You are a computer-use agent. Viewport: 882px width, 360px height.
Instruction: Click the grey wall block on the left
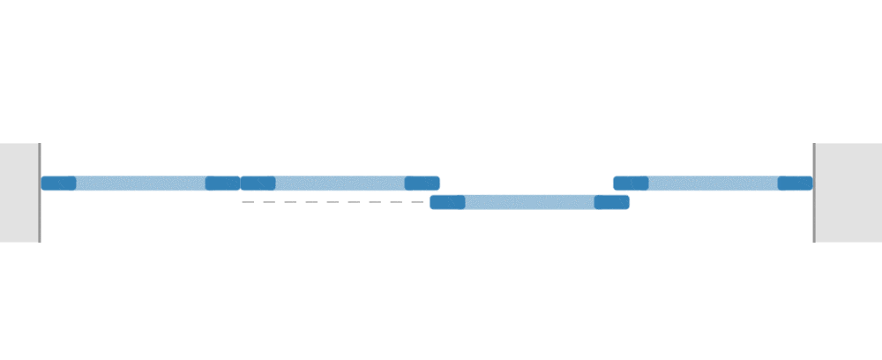coord(19,192)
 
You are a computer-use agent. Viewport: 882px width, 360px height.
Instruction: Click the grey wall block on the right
coord(849,192)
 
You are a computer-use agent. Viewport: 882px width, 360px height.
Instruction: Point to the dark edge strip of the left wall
coord(40,192)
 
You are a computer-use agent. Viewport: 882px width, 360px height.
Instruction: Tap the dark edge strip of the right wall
coord(814,192)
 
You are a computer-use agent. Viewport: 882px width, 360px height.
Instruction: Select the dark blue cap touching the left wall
coord(58,184)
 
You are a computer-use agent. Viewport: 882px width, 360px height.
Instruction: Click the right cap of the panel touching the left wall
coord(222,184)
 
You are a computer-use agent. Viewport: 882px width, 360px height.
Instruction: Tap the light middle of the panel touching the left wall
coord(140,184)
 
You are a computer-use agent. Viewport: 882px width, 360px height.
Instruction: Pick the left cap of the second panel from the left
coord(258,184)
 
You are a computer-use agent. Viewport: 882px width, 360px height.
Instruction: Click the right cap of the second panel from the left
coord(422,184)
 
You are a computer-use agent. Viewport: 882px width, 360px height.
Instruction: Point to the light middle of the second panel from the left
coord(340,184)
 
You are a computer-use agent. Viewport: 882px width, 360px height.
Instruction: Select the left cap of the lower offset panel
coord(447,202)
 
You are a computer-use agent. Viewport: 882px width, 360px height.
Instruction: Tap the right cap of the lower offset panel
coord(611,202)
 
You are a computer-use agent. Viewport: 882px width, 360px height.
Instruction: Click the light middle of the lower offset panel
coord(529,202)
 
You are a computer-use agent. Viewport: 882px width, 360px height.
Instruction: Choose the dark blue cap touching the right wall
coord(795,184)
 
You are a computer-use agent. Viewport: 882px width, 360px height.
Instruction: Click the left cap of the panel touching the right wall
coord(632,184)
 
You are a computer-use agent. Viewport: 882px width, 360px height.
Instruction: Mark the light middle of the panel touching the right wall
coord(713,184)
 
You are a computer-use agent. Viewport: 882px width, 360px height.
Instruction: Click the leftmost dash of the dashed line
coord(248,202)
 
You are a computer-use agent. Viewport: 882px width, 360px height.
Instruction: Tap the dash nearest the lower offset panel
coord(417,202)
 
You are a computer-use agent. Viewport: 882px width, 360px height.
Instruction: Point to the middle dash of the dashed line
coord(333,202)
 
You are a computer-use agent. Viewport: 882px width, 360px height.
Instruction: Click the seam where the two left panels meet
coord(241,184)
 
